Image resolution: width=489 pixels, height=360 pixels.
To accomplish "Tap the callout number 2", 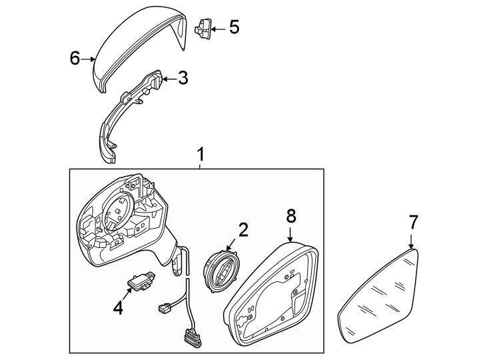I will click(243, 230).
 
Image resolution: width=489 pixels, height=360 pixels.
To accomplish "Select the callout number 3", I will click(182, 78).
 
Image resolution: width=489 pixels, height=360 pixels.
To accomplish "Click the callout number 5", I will click(233, 27).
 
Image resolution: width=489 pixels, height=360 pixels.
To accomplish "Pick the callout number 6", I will click(75, 59).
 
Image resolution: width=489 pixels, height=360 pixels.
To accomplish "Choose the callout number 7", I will click(413, 222).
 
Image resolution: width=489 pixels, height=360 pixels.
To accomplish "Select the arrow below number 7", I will click(412, 240).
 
